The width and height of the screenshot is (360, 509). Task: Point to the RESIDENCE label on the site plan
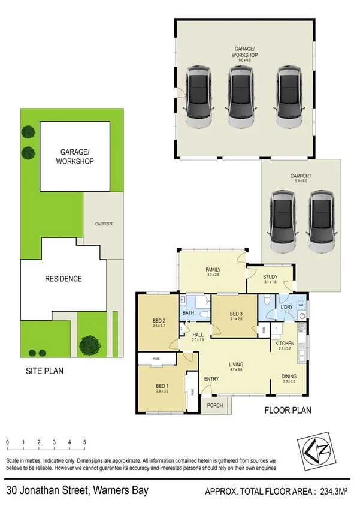[x=63, y=279]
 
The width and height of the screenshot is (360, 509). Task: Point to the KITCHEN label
[x=284, y=344]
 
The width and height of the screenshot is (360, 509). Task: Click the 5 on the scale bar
[x=84, y=442]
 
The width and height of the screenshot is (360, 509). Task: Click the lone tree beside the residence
[x=90, y=344]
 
